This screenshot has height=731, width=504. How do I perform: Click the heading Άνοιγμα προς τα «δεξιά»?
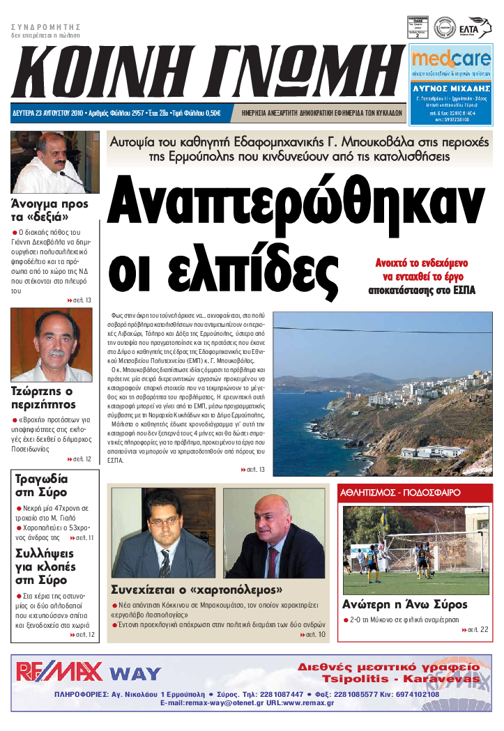coord(49,210)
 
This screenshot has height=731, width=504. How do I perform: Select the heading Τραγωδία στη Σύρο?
coord(42,486)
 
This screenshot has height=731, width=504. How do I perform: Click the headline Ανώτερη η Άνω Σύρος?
coord(405,604)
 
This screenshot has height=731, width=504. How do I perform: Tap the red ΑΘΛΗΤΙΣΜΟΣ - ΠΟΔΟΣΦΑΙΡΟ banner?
coord(401,492)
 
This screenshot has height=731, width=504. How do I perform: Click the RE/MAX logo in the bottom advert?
coord(59,671)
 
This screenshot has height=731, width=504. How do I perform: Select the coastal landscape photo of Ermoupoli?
coord(382,394)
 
